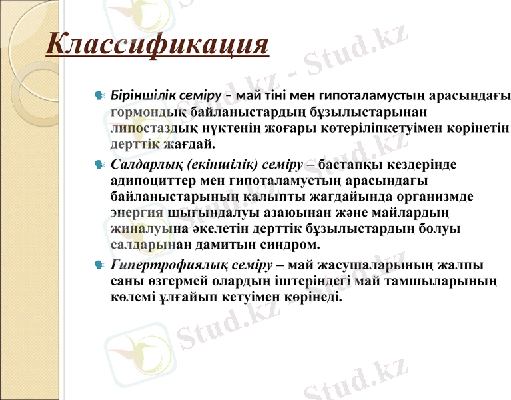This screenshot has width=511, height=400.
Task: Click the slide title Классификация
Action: [x=157, y=45]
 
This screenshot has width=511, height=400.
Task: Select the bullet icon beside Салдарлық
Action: [x=99, y=165]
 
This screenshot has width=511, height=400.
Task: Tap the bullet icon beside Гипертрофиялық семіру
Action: [x=99, y=266]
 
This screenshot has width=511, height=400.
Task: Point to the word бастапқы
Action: [x=353, y=163]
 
